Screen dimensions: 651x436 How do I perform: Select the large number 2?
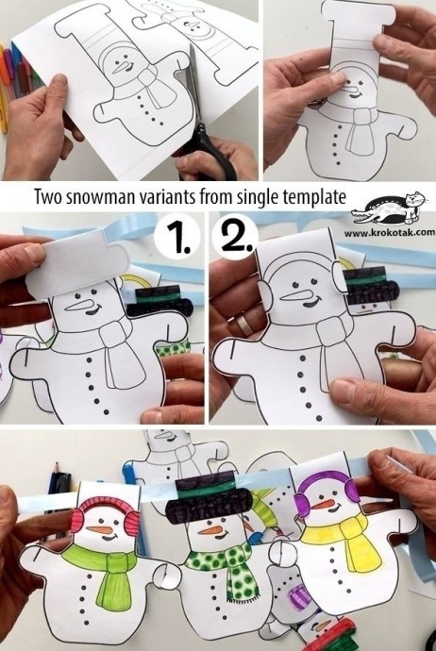click(234, 238)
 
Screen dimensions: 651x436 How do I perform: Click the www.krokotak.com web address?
click(389, 231)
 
